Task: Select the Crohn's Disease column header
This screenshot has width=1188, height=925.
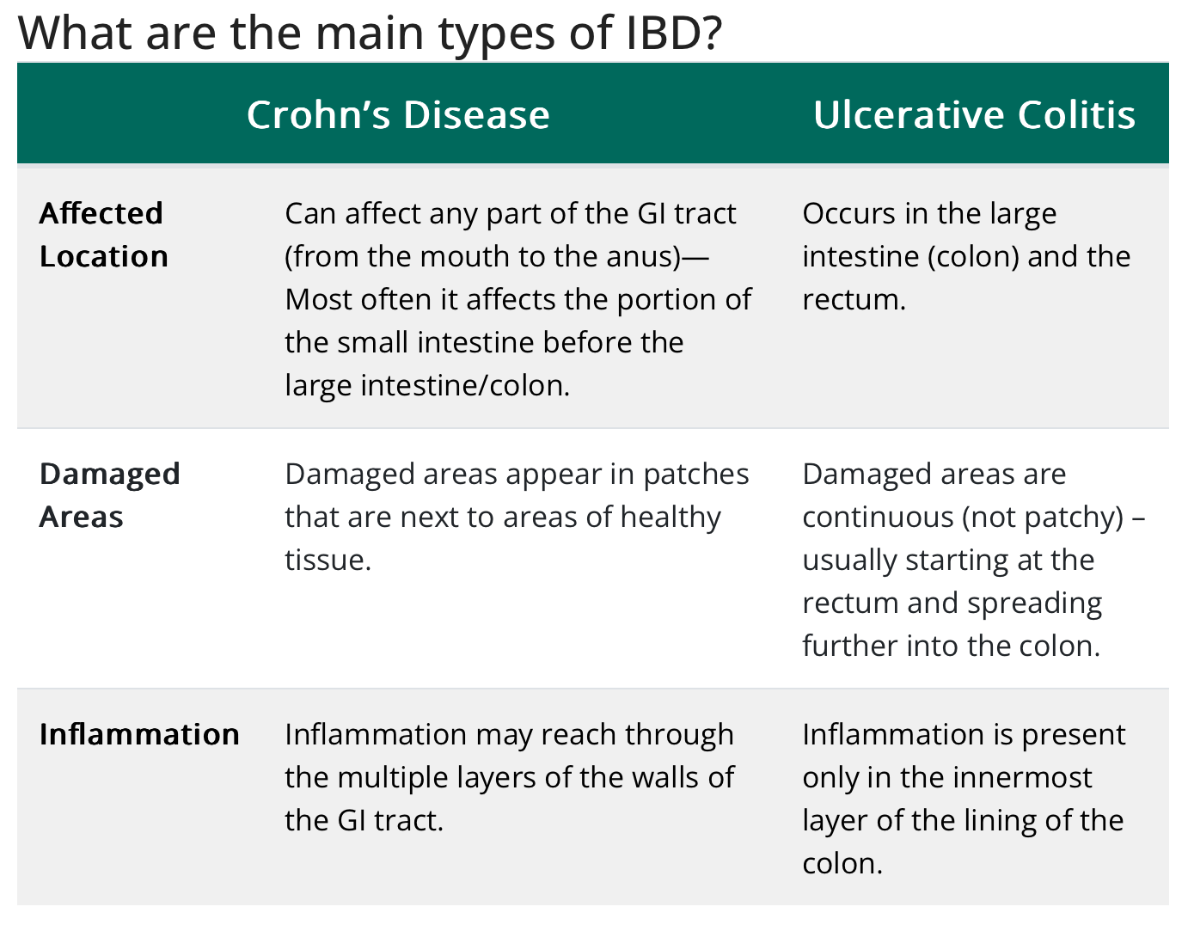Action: (x=398, y=115)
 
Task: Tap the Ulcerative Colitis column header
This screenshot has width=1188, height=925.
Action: (x=974, y=115)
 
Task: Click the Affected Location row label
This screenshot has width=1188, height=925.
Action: (x=103, y=235)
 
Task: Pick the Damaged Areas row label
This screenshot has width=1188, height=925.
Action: (x=109, y=495)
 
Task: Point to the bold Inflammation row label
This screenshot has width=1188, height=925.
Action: (x=139, y=734)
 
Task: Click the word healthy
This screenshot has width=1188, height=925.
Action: (x=671, y=518)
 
